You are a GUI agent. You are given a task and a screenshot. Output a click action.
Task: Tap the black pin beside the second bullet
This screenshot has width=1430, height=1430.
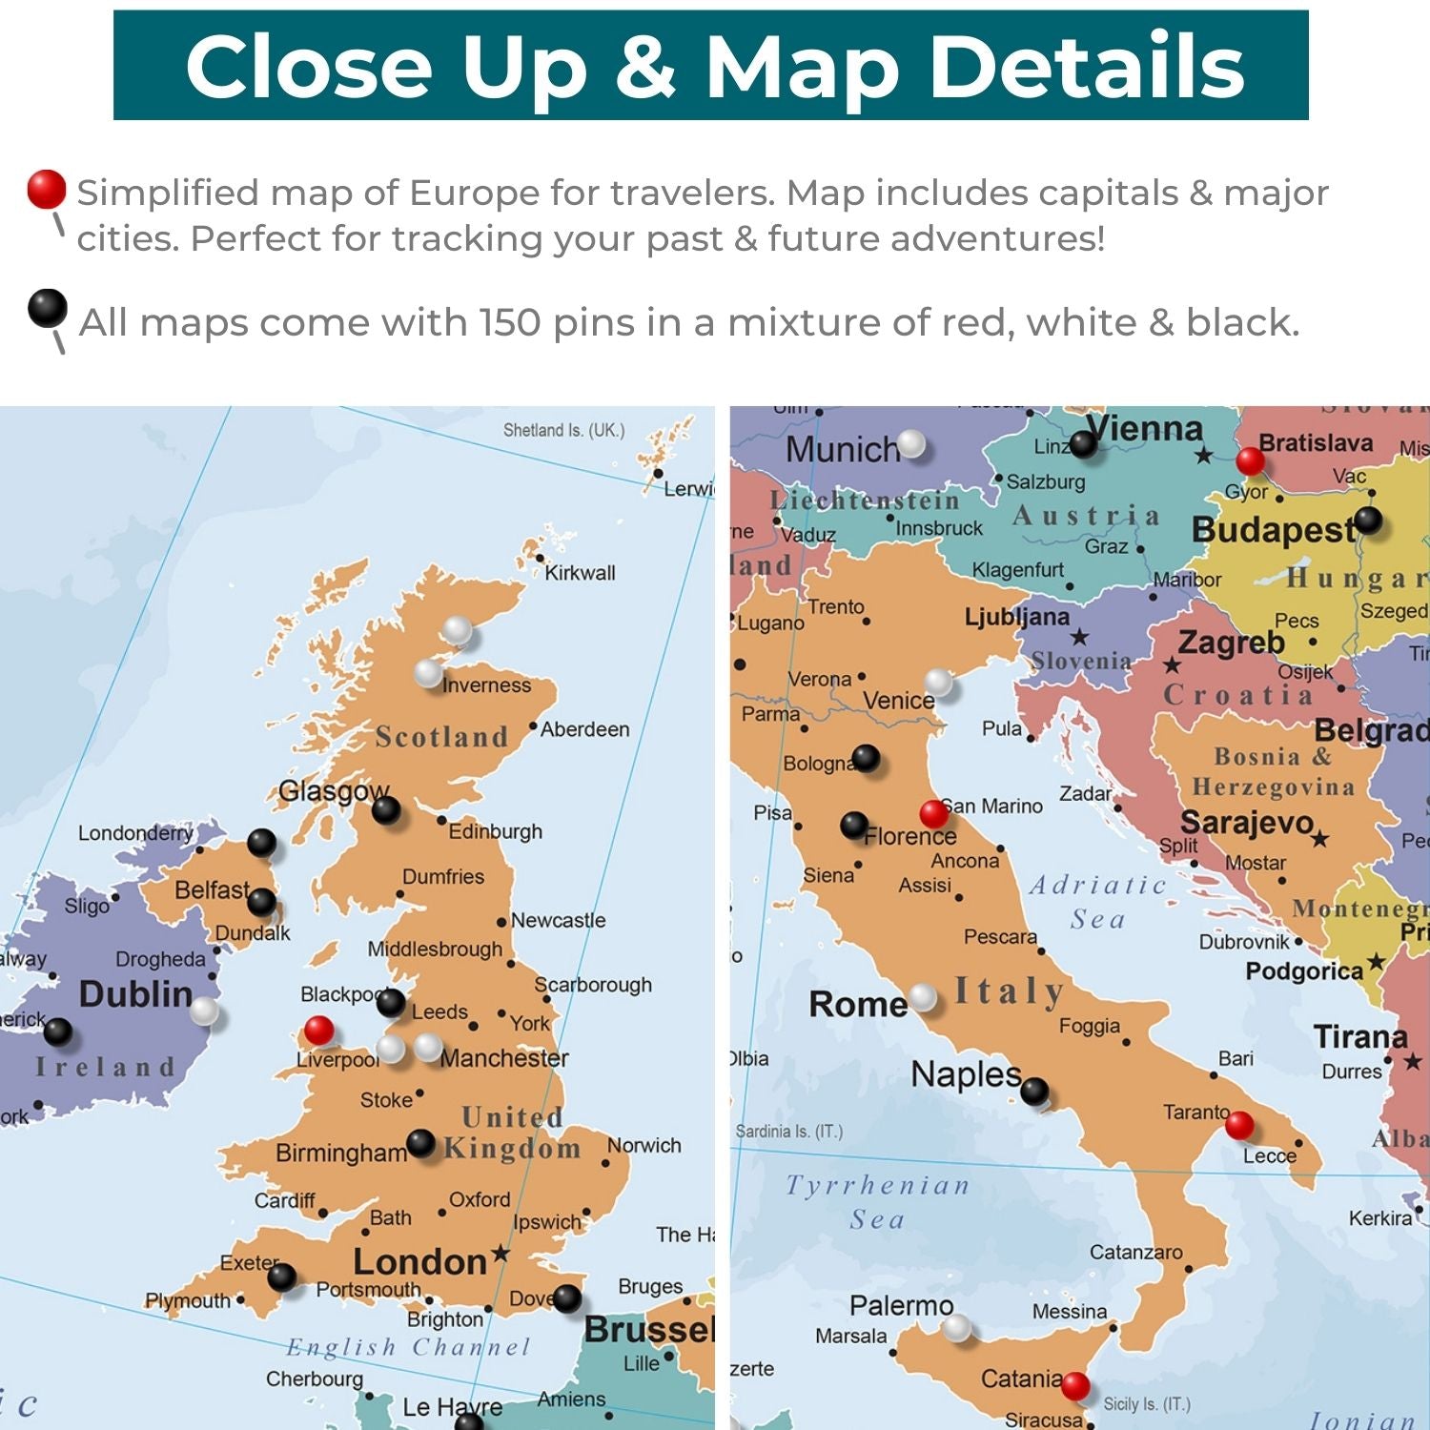click(x=47, y=308)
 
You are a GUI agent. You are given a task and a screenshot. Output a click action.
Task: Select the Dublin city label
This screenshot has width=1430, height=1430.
click(x=135, y=994)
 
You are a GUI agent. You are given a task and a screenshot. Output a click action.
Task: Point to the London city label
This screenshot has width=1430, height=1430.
click(x=419, y=1262)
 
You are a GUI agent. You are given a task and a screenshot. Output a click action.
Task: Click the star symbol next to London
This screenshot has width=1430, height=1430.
click(x=500, y=1254)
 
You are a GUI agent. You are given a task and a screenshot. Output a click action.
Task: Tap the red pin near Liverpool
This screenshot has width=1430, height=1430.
click(x=318, y=1030)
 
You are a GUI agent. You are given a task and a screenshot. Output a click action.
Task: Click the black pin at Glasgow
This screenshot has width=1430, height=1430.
click(x=385, y=809)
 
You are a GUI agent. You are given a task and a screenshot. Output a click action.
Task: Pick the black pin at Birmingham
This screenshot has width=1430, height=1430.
click(x=420, y=1142)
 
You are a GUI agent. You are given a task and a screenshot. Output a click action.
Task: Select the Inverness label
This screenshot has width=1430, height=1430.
click(x=486, y=685)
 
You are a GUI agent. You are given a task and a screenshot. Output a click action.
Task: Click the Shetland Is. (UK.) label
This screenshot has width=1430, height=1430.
click(x=563, y=430)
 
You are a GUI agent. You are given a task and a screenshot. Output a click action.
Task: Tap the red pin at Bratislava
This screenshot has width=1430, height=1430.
click(x=1250, y=461)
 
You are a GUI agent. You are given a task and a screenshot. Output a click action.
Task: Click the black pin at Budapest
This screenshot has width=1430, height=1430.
click(x=1367, y=520)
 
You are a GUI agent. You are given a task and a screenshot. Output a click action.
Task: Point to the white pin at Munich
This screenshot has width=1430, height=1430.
click(x=911, y=443)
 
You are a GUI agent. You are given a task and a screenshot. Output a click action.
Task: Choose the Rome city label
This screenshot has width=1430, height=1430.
click(x=857, y=1004)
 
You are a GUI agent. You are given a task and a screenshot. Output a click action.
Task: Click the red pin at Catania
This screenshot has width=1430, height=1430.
click(x=1075, y=1385)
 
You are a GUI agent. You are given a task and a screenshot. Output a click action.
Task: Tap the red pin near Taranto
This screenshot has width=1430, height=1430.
click(x=1239, y=1125)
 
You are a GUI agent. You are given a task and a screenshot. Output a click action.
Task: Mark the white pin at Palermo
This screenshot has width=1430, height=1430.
click(x=956, y=1327)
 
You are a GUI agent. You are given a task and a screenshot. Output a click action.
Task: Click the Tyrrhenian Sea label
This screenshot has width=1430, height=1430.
click(x=877, y=1201)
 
